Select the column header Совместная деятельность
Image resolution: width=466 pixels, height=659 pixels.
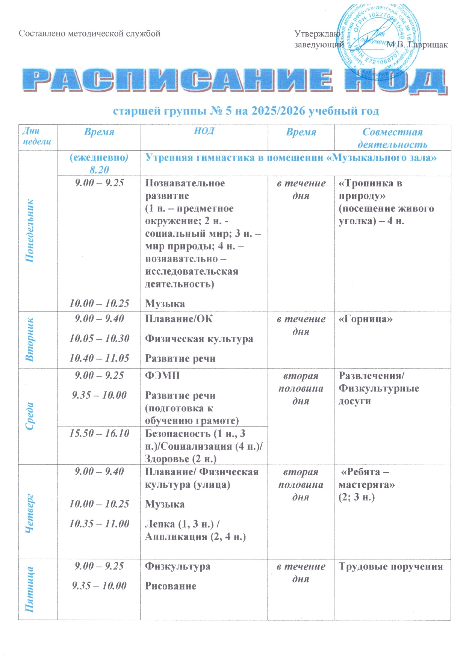[392, 138]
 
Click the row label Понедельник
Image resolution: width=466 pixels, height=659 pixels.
[30, 231]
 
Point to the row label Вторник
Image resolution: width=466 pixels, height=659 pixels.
[30, 339]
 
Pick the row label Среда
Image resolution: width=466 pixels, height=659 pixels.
[30, 416]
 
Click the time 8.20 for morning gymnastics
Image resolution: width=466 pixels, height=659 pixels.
[99, 170]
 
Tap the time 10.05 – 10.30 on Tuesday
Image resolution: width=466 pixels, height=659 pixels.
[99, 338]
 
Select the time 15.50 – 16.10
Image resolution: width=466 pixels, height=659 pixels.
[99, 433]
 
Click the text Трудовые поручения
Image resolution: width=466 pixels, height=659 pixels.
[391, 567]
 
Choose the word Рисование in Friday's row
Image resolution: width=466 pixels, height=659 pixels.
[171, 586]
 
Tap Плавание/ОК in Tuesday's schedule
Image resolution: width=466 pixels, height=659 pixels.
[179, 319]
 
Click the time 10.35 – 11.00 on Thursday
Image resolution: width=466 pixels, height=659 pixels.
[99, 523]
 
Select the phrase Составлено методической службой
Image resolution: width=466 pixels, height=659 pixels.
[89, 33]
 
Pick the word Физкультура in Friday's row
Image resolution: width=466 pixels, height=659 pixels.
[178, 566]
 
